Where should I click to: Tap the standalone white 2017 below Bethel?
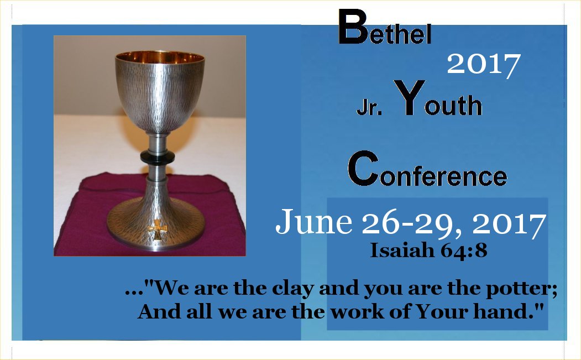click(x=484, y=65)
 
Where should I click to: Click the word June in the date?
click(x=313, y=221)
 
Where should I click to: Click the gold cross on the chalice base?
click(x=157, y=229)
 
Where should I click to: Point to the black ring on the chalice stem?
click(x=158, y=157)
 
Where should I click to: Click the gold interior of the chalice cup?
click(x=160, y=58)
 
